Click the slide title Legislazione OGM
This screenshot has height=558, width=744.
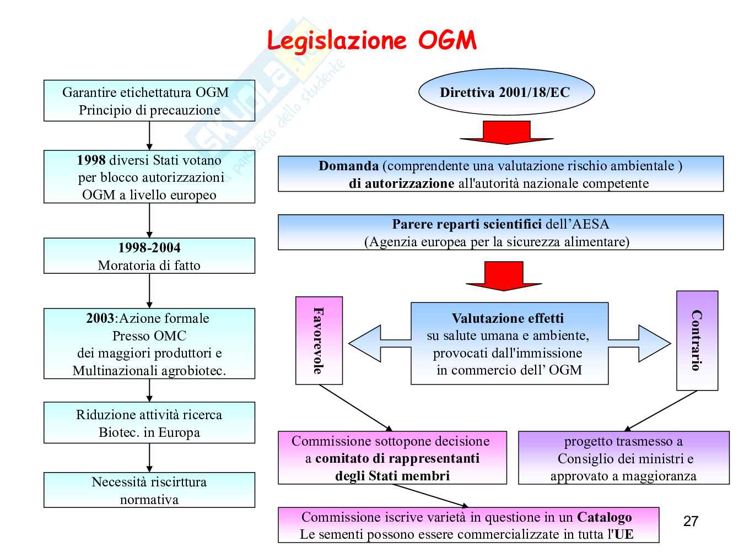tap(371, 40)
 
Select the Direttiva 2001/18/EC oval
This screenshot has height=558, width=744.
tap(506, 92)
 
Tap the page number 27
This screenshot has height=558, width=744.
tap(691, 521)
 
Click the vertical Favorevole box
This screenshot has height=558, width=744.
tap(319, 340)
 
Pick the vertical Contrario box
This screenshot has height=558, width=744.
tap(697, 340)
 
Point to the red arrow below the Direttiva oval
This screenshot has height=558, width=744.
tap(506, 132)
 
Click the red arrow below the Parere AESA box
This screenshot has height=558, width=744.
tap(503, 275)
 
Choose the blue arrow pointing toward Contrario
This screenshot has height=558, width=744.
tap(641, 343)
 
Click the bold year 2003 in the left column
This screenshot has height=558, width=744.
tap(100, 318)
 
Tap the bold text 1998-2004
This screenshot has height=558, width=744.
tap(149, 248)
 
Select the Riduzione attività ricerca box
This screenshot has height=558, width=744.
tap(149, 422)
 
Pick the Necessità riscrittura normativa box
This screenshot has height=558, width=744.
tap(149, 490)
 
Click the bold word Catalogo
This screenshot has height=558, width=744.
tap(604, 517)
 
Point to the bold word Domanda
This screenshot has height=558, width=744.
tap(348, 166)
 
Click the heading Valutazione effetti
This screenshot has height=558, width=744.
tap(508, 318)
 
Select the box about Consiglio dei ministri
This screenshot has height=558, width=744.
tap(623, 458)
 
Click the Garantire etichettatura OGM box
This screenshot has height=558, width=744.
tap(149, 101)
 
